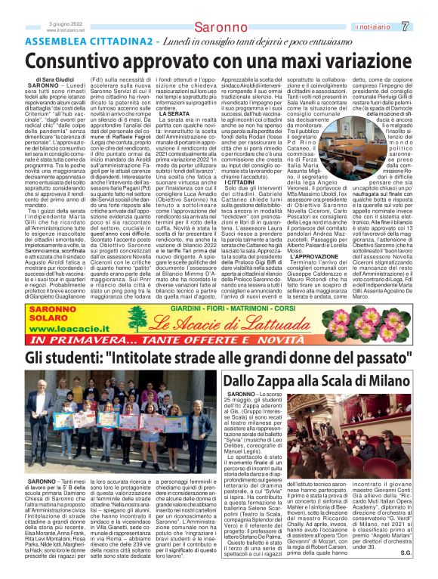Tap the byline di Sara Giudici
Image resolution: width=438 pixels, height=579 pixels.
point(54,78)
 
